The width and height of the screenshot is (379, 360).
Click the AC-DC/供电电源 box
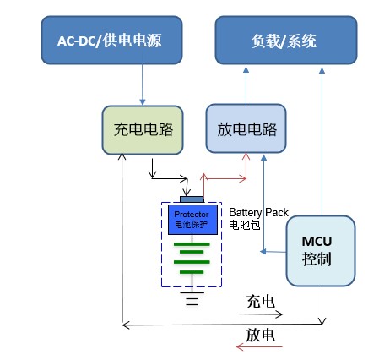pos(111,40)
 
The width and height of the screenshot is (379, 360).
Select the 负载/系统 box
pos(286,40)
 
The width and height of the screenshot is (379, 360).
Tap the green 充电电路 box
pos(143,130)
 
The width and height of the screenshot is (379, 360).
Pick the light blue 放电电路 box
pos(246,128)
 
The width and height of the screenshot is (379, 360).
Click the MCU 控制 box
pos(321,251)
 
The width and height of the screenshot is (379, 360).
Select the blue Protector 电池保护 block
pos(192,220)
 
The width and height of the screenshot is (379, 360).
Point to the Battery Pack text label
pos(258,212)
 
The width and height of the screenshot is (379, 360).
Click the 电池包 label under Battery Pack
pos(244,225)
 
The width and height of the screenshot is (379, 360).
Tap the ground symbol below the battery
pos(192,298)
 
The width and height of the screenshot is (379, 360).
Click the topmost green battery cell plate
pos(192,244)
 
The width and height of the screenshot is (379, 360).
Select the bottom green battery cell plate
pos(192,272)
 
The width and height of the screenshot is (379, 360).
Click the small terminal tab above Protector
pos(192,199)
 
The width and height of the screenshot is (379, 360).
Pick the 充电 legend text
pos(261,302)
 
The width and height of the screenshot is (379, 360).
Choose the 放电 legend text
pos(261,335)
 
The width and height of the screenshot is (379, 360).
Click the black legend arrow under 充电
pos(260,314)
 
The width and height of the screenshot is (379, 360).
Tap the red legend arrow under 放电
pos(259,346)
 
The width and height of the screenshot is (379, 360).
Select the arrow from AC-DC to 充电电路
pos(143,85)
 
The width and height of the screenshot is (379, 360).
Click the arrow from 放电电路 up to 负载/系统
pos(246,85)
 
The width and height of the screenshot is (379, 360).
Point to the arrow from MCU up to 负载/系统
pos(322,142)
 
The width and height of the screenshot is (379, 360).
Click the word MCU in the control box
pos(317,242)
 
